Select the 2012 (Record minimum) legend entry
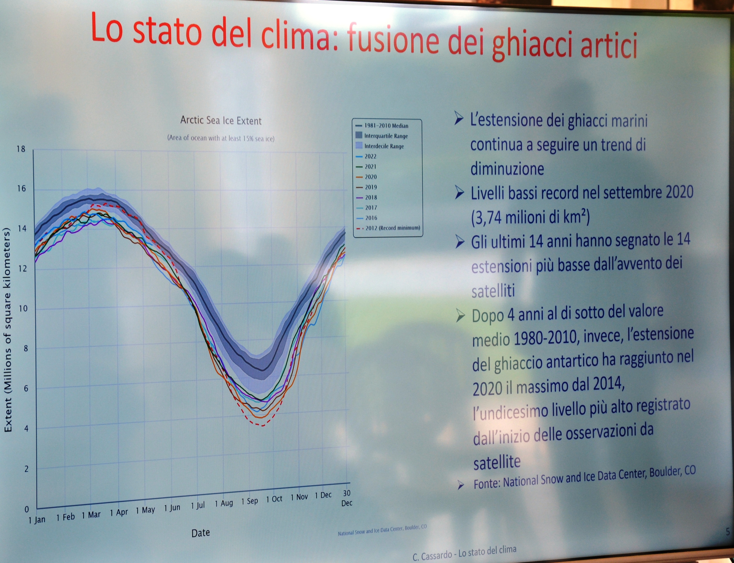pyautogui.click(x=388, y=228)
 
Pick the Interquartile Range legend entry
pyautogui.click(x=382, y=136)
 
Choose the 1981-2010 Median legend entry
pyautogui.click(x=382, y=126)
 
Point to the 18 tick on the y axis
pyautogui.click(x=21, y=149)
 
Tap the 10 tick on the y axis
pyautogui.click(x=22, y=308)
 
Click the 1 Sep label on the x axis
pyautogui.click(x=250, y=501)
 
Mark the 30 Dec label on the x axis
pyautogui.click(x=347, y=498)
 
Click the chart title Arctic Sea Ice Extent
pyautogui.click(x=221, y=120)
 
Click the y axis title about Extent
pyautogui.click(x=8, y=330)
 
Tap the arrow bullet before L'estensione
pyautogui.click(x=459, y=118)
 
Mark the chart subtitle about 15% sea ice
pyautogui.click(x=221, y=138)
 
